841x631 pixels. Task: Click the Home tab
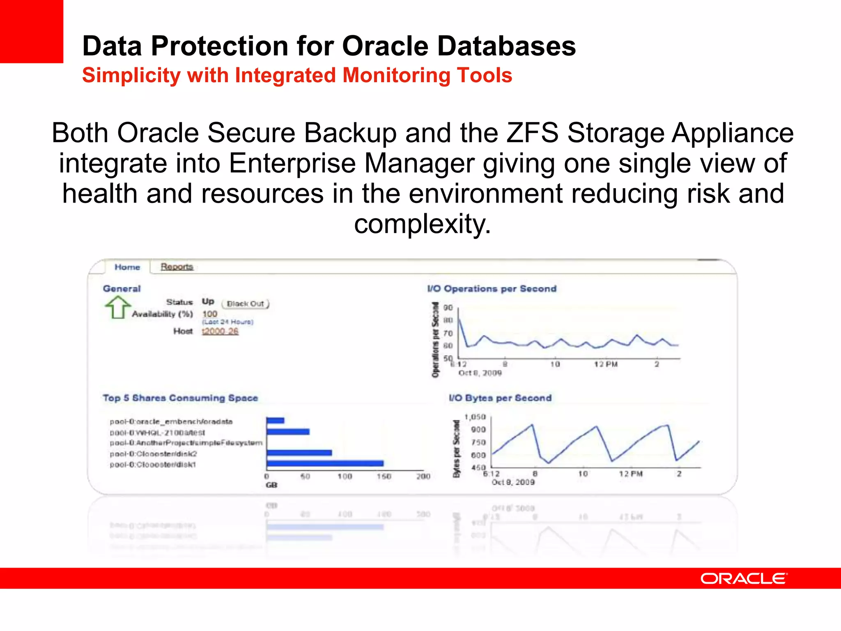pos(127,267)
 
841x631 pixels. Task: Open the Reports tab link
pos(177,267)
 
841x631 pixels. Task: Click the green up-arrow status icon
pos(117,307)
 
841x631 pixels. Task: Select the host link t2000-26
pos(220,331)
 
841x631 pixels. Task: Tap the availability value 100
pos(209,314)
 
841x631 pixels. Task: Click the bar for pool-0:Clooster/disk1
pos(325,463)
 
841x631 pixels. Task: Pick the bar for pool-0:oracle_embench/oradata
pos(275,420)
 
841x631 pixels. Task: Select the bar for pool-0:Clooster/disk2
pos(299,453)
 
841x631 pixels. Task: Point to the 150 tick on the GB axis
pos(384,476)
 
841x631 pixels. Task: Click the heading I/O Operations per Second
pos(492,289)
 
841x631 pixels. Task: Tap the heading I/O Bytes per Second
pos(500,398)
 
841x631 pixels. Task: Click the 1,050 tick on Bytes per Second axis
pos(475,417)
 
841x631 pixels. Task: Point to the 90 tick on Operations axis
pos(448,308)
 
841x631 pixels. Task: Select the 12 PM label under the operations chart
pos(606,364)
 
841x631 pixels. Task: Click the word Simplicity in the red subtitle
pos(131,76)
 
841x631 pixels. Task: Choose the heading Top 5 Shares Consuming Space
pos(180,398)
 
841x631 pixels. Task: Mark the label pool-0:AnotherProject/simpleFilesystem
pos(186,443)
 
